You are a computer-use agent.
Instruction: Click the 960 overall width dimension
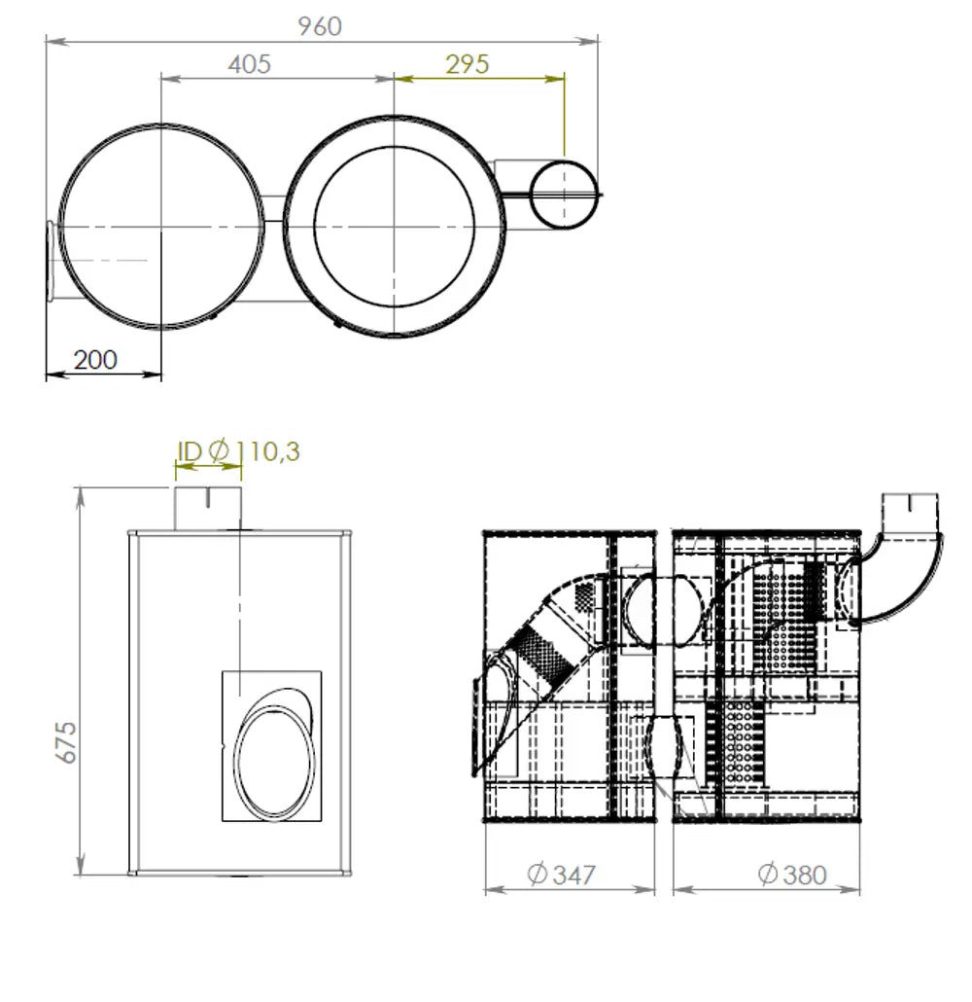coord(320,26)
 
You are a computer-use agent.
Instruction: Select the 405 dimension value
coord(249,64)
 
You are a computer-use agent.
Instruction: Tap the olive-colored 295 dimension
coord(468,64)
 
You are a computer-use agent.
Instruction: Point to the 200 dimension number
coord(96,360)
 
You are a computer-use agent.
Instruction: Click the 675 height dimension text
coord(66,742)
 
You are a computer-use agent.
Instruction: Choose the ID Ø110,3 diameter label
coord(238,451)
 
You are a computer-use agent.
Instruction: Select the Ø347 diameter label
coord(562,875)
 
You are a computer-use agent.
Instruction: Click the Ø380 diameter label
coord(792,875)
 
